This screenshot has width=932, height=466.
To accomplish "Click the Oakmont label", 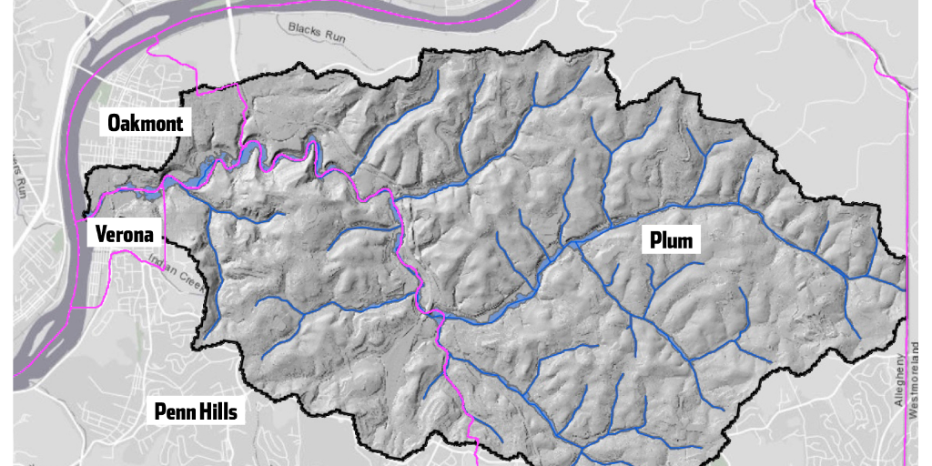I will coord(146,123).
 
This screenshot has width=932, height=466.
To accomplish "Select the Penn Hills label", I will coord(195,412).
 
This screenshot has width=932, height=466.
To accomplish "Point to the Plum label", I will coord(671,241).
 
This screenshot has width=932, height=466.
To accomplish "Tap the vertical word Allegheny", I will coord(898,379).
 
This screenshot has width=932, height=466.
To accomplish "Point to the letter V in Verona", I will coord(102,234).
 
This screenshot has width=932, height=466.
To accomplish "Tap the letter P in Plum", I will coord(654,241).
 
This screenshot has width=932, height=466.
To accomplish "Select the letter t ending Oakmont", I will coord(179,123).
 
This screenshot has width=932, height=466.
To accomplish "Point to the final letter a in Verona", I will coord(146,235).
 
